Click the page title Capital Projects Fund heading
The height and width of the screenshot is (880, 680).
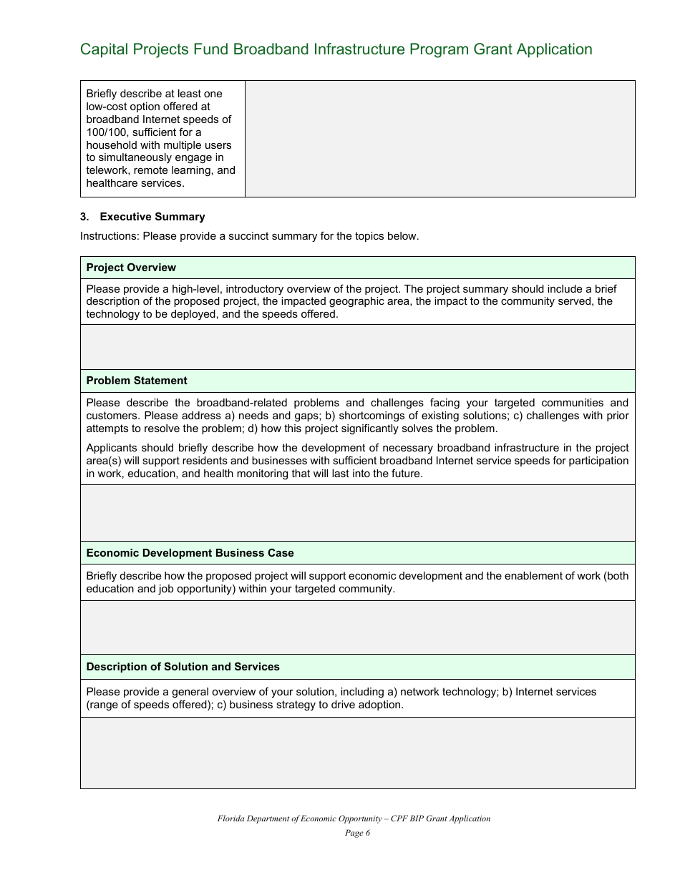coord(336,49)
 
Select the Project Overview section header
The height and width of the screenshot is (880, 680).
coord(131,268)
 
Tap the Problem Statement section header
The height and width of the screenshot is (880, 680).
coord(137,381)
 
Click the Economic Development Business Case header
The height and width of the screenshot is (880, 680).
coord(190,553)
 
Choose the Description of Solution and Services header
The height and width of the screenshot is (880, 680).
coord(183,667)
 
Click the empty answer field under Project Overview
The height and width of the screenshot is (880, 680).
coord(357,347)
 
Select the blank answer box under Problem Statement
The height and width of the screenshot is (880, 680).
coord(357,512)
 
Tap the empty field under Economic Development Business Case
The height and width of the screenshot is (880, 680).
coord(357,627)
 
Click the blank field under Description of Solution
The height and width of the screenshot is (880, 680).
coord(357,753)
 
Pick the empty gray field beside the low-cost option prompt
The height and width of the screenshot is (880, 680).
coord(439,138)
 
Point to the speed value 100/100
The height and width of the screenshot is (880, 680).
coord(106,132)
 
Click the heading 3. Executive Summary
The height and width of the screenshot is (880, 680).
coord(142,217)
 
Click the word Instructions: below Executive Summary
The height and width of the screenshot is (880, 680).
coord(110,236)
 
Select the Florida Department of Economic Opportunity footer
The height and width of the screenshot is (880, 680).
coord(354,818)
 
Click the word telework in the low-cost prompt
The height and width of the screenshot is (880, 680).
coord(107,170)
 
